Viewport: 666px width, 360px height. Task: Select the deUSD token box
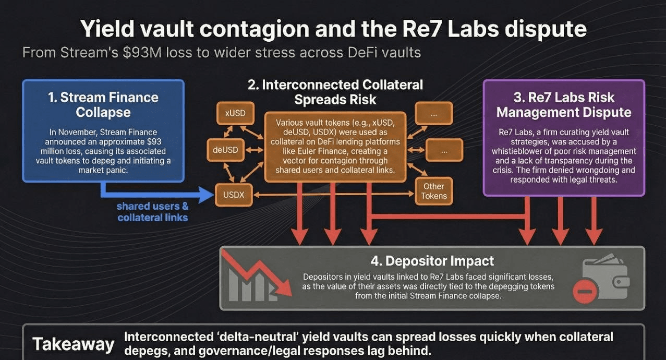tap(225, 150)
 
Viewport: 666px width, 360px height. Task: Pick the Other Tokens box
tap(433, 191)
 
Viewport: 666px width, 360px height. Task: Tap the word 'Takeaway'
tap(73, 344)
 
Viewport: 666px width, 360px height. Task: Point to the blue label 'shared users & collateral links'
tap(152, 212)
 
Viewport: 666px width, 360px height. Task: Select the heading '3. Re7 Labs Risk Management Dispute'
tap(564, 104)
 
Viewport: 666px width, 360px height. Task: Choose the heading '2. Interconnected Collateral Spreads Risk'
tap(335, 92)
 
